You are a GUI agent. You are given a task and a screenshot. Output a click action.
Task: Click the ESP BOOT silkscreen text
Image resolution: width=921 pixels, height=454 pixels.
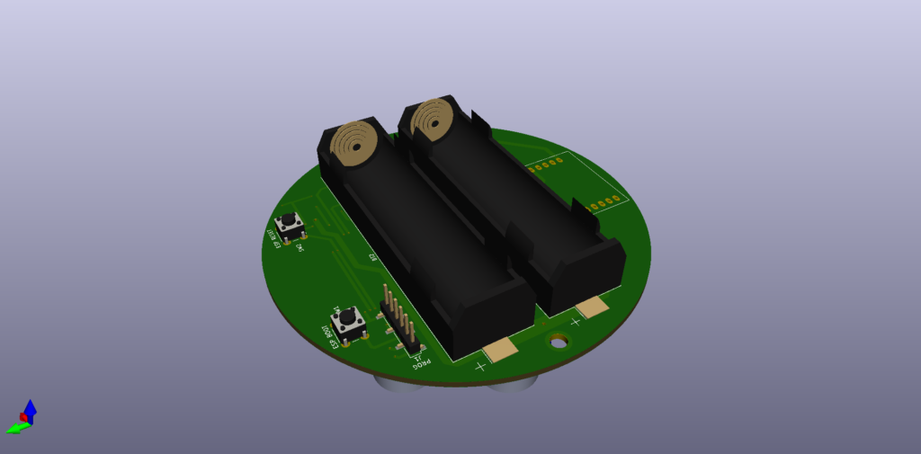tap(327, 336)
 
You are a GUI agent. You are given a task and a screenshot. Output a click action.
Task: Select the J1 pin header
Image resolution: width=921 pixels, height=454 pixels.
tap(398, 321)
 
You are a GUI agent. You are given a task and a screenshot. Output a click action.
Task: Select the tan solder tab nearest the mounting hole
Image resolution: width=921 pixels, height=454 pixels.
tap(592, 308)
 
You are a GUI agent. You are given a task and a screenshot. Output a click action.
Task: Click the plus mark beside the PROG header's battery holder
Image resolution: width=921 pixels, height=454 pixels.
tap(480, 366)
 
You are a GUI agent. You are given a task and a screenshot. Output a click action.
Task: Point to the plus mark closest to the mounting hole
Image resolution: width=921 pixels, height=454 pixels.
tap(575, 321)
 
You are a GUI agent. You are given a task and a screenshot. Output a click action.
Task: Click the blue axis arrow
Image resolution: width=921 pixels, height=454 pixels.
tap(30, 409)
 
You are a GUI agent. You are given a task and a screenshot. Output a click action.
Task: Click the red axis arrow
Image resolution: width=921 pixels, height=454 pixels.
tap(23, 417)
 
